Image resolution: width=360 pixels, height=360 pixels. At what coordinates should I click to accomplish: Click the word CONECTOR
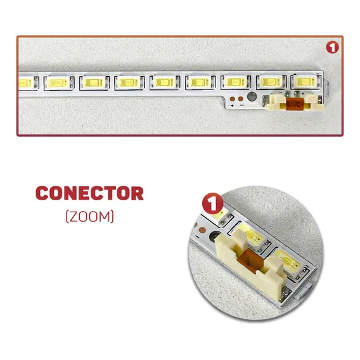pyautogui.click(x=89, y=193)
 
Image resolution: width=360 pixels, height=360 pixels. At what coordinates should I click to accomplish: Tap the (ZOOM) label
pyautogui.click(x=90, y=216)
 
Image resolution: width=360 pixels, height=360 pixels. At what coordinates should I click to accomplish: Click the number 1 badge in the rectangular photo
pyautogui.click(x=332, y=48)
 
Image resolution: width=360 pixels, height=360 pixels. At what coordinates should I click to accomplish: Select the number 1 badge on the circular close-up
pyautogui.click(x=212, y=203)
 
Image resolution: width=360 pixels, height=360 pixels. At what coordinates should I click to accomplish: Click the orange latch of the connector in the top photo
pyautogui.click(x=295, y=104)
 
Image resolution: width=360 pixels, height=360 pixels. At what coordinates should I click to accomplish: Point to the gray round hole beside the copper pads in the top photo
pyautogui.click(x=252, y=97)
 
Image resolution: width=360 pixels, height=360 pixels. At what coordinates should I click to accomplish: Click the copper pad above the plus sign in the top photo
pyautogui.click(x=233, y=99)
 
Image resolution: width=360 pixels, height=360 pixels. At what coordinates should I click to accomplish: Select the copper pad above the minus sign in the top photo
pyautogui.click(x=241, y=99)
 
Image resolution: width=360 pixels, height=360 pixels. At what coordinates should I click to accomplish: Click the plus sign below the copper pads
pyautogui.click(x=233, y=106)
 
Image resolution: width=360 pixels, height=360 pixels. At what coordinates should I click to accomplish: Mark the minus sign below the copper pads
pyautogui.click(x=241, y=105)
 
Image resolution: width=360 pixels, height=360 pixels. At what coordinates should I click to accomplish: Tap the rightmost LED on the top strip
pyautogui.click(x=305, y=82)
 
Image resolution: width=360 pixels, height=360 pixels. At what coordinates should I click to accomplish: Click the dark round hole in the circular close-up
pyautogui.click(x=215, y=236)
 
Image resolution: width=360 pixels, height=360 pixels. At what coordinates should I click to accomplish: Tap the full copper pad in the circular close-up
pyautogui.click(x=202, y=229)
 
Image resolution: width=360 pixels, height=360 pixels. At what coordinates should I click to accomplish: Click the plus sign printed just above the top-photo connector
pyautogui.click(x=303, y=93)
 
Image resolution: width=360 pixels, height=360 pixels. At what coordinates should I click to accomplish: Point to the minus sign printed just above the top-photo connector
pyautogui.click(x=281, y=93)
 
